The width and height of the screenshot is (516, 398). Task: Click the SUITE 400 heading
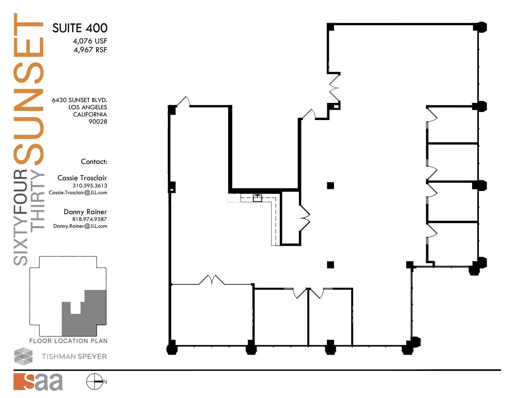[x=79, y=28]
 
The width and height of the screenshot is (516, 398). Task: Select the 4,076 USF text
[x=90, y=41]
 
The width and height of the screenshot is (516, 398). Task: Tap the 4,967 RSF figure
[x=90, y=50]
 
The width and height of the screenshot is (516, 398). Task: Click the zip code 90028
[x=98, y=122]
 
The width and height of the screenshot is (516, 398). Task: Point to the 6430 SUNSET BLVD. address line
[x=79, y=100]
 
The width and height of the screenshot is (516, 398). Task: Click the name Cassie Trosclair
[x=82, y=178]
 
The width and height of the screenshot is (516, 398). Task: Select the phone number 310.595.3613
[x=89, y=185]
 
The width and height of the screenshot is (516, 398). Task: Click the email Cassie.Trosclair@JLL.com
[x=78, y=193]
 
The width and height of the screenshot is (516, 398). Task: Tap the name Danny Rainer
[x=85, y=212]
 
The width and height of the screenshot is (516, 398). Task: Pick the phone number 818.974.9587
[x=89, y=219]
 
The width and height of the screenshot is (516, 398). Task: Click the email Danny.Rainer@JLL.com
[x=80, y=226]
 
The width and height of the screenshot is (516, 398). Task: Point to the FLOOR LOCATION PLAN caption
[x=68, y=341]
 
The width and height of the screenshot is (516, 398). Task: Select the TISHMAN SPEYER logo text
[x=74, y=357]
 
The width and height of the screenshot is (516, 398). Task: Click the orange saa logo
[x=38, y=382]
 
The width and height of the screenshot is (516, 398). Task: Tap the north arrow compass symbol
[x=95, y=382]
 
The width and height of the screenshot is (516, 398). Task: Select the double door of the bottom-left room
[x=212, y=280]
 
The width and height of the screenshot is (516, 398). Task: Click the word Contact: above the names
[x=94, y=162]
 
